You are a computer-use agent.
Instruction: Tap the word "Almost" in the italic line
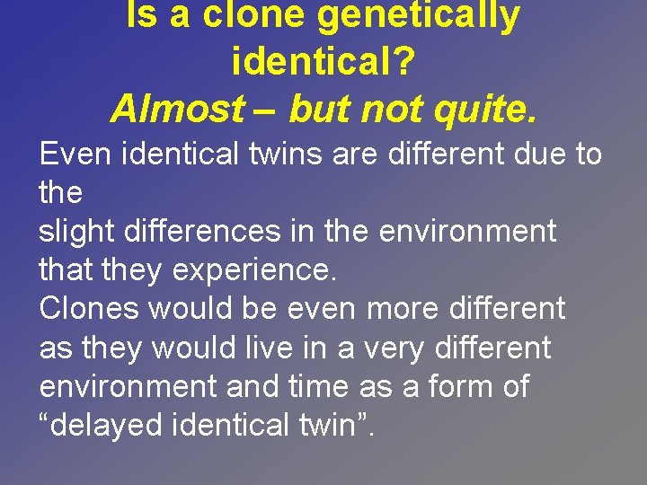[x=176, y=109]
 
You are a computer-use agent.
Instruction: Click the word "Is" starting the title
[x=142, y=15]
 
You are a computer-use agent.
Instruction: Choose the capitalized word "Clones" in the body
[x=89, y=309]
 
